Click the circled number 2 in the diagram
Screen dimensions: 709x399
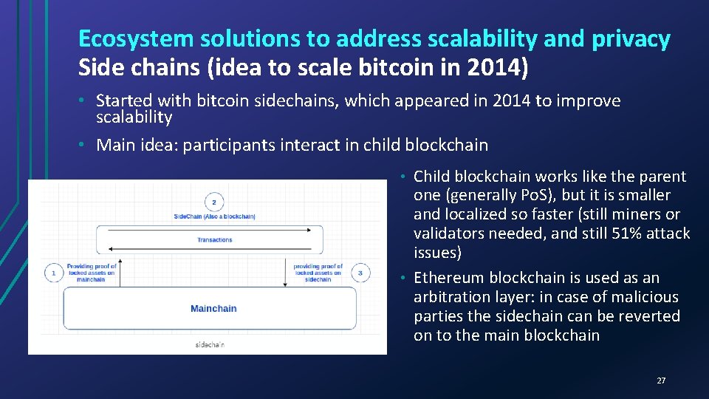point(213,202)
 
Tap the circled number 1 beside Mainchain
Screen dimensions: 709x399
point(53,273)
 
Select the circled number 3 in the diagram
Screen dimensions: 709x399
point(359,273)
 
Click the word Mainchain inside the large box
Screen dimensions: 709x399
point(213,308)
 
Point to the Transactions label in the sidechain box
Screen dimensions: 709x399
point(214,239)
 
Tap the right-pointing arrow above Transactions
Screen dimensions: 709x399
point(214,231)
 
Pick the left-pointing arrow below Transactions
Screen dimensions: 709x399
point(214,250)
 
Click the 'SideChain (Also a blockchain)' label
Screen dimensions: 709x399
point(214,216)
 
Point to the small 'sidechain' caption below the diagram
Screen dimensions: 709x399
point(210,344)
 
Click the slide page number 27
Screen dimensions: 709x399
point(661,381)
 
